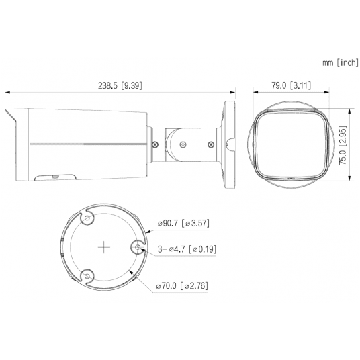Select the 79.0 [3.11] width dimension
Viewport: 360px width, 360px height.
289,85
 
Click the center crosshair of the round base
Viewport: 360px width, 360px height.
103,248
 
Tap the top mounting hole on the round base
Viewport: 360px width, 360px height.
86,219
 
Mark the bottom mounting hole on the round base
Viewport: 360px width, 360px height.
86,276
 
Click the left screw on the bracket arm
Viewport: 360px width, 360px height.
154,143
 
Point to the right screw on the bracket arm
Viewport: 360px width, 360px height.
210,143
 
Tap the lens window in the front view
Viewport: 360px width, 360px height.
290,143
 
